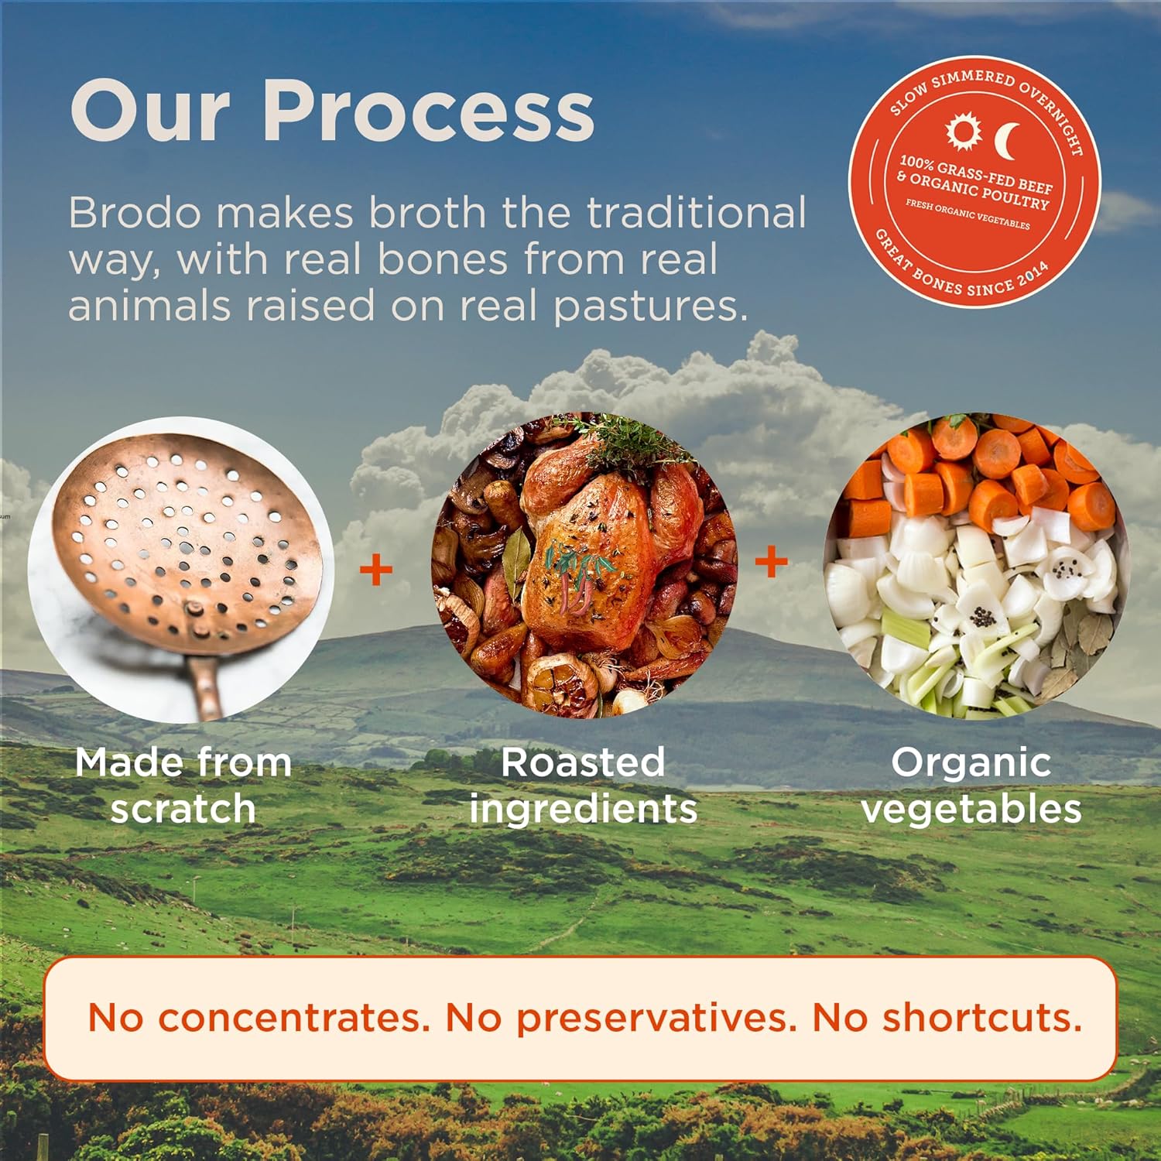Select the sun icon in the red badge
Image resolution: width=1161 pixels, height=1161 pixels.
(964, 132)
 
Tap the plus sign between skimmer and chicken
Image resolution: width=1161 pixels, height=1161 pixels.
(376, 570)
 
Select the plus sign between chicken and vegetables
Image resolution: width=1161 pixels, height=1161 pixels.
(771, 561)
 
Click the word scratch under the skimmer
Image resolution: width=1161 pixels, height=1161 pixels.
(183, 810)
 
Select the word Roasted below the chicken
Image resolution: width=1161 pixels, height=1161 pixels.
(582, 762)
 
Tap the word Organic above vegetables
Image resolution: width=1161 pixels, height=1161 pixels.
(971, 762)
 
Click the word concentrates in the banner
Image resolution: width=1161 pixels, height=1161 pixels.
(294, 1017)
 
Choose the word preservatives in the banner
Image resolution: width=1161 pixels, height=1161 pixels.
(656, 1017)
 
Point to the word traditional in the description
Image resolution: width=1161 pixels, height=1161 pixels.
(696, 212)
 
